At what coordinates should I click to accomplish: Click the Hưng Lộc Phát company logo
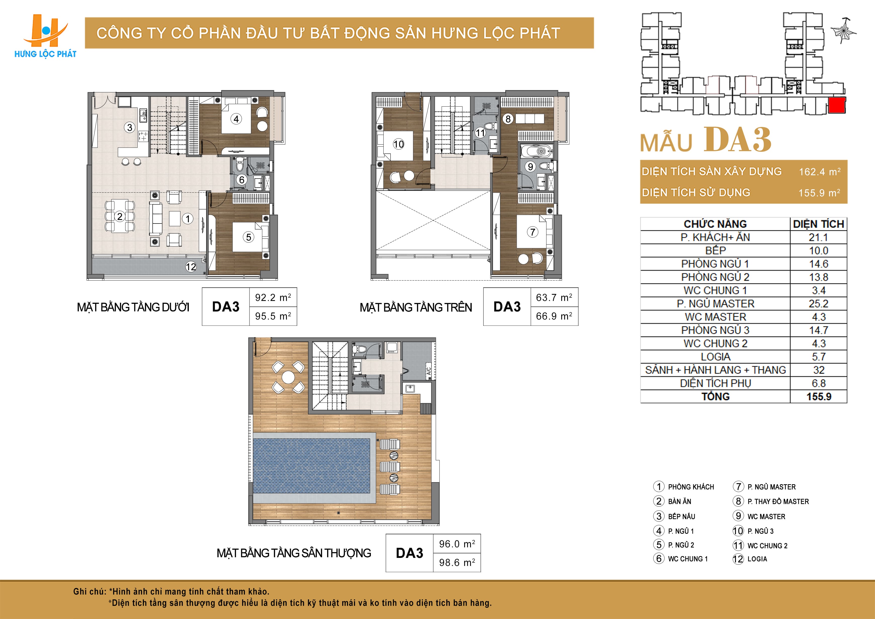[x=45, y=36]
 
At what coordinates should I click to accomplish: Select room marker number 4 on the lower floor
[x=236, y=119]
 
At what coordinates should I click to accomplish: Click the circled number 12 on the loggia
[x=191, y=267]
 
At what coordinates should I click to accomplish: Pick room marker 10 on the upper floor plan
[x=399, y=144]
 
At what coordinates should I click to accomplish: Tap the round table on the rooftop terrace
[x=288, y=378]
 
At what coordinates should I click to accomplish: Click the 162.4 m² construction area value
[x=819, y=171]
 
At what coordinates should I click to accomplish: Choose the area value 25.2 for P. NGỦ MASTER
[x=819, y=304]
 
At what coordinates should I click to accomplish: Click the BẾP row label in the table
[x=715, y=250]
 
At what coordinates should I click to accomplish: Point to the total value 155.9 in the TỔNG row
[x=819, y=396]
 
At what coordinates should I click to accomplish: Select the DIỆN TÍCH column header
[x=819, y=224]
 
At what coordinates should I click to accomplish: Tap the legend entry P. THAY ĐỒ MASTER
[x=778, y=502]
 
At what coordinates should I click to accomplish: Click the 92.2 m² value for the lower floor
[x=273, y=297]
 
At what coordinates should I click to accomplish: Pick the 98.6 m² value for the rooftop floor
[x=457, y=563]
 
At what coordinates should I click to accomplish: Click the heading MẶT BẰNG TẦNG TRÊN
[x=416, y=307]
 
